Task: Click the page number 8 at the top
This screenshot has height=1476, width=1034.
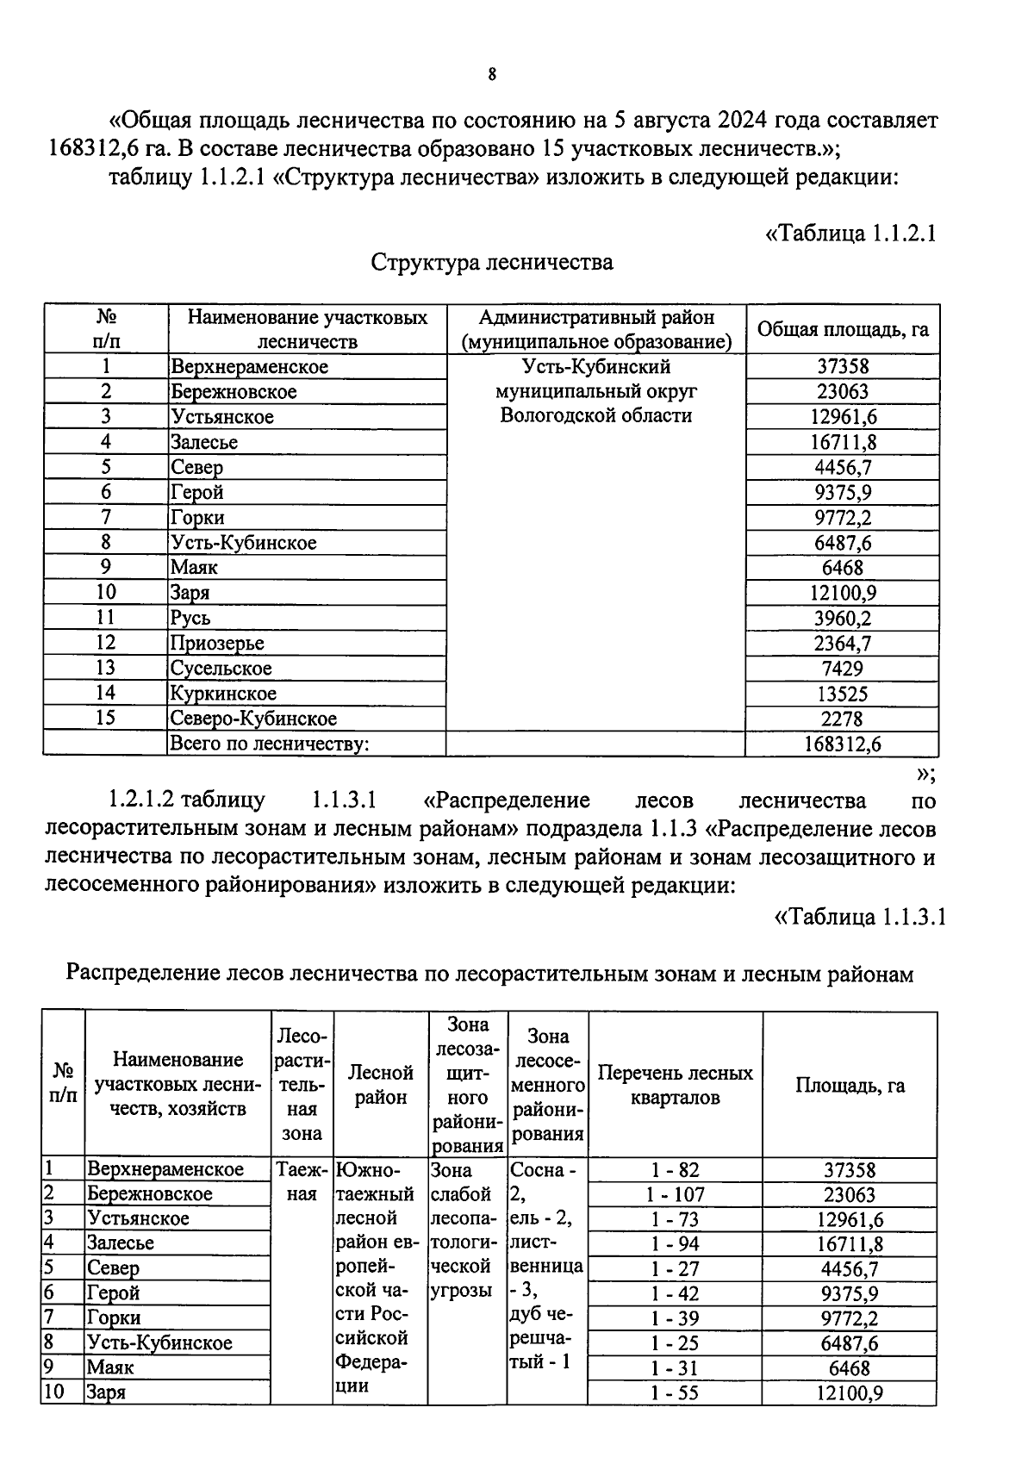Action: [492, 75]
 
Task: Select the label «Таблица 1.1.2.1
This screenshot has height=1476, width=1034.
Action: [850, 234]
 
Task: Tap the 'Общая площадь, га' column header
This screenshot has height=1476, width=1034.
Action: [842, 329]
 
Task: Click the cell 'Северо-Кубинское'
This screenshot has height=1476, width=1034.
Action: [253, 719]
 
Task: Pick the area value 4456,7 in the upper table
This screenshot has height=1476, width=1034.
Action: [843, 467]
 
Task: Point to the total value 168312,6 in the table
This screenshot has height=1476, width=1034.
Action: [843, 744]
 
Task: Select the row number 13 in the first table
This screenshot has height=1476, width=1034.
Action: [105, 668]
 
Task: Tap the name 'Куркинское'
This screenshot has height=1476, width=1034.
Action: [223, 694]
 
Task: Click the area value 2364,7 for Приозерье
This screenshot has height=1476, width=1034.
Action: [843, 643]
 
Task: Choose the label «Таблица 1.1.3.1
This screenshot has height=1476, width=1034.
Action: [861, 916]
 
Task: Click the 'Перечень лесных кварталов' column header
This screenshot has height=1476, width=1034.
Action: [675, 1085]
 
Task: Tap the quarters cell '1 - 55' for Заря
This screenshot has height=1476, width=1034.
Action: [675, 1393]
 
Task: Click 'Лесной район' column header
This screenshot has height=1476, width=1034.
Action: [380, 1085]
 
